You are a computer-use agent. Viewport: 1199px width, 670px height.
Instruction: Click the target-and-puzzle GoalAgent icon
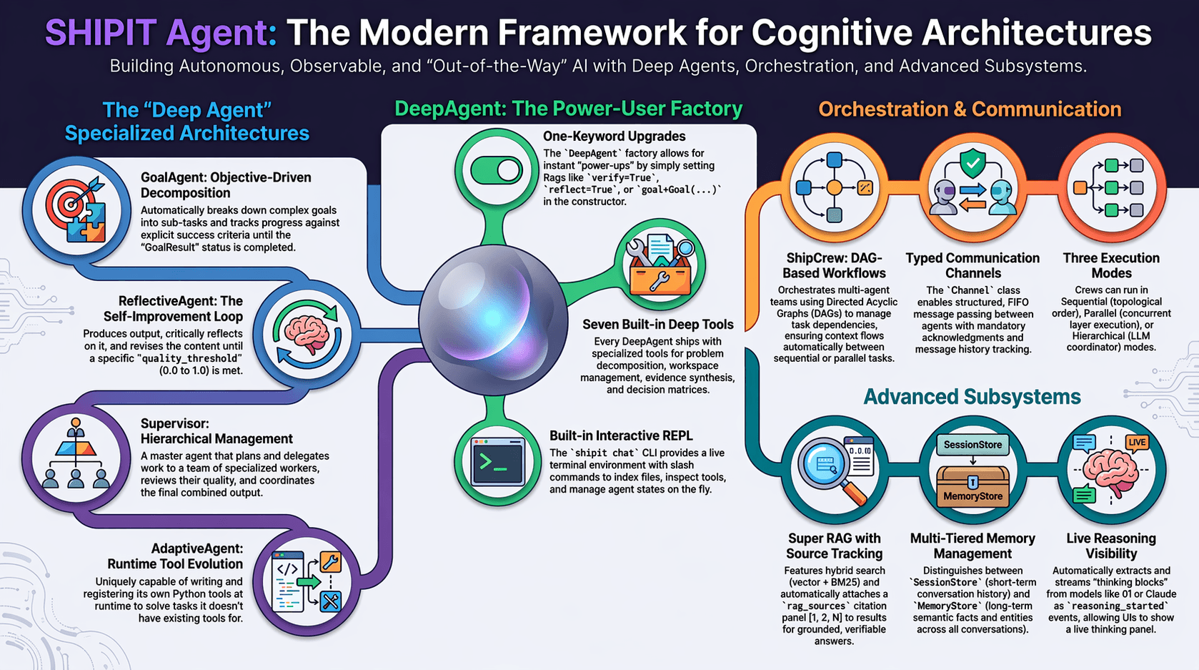pyautogui.click(x=76, y=210)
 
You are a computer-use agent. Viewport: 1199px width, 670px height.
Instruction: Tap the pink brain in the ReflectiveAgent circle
pyautogui.click(x=307, y=332)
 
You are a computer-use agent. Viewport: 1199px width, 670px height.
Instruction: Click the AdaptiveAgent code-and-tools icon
pyautogui.click(x=307, y=582)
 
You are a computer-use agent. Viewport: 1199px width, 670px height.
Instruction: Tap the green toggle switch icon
pyautogui.click(x=496, y=171)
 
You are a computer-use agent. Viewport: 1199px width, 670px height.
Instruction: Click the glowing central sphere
pyautogui.click(x=493, y=320)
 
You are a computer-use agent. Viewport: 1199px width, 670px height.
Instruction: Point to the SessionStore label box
pyautogui.click(x=972, y=445)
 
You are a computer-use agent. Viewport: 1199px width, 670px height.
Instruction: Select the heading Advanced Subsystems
pyautogui.click(x=972, y=397)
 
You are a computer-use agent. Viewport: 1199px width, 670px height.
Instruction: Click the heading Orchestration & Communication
pyautogui.click(x=970, y=109)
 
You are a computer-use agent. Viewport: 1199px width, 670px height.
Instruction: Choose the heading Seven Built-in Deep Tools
pyautogui.click(x=658, y=325)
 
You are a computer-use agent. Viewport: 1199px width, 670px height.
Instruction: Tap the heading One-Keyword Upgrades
pyautogui.click(x=614, y=137)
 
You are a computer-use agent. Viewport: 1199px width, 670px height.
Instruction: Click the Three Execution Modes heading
pyautogui.click(x=1111, y=265)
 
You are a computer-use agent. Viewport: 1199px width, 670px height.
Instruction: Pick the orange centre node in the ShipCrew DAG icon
pyautogui.click(x=834, y=187)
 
